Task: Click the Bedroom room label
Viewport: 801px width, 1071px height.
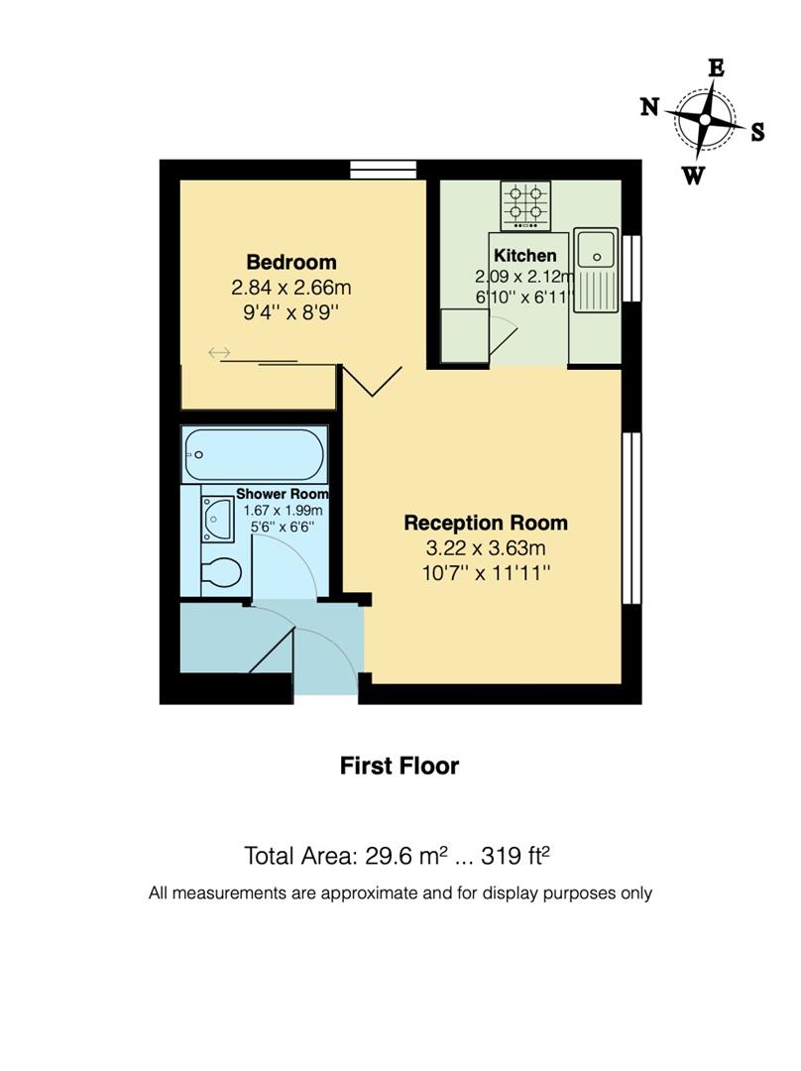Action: pyautogui.click(x=291, y=262)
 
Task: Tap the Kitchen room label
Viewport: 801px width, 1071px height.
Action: pyautogui.click(x=524, y=256)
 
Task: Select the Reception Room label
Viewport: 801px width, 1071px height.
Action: pyautogui.click(x=485, y=523)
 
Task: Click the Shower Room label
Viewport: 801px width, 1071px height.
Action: pyautogui.click(x=282, y=494)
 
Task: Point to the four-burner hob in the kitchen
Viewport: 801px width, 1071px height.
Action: pyautogui.click(x=525, y=204)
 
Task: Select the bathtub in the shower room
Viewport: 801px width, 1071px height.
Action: pyautogui.click(x=254, y=455)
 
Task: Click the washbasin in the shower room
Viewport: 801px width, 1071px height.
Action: pyautogui.click(x=217, y=518)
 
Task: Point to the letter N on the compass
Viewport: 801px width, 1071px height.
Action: pyautogui.click(x=649, y=108)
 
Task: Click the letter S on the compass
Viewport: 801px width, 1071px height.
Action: pyautogui.click(x=757, y=133)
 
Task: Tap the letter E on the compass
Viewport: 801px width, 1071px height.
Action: pyautogui.click(x=715, y=67)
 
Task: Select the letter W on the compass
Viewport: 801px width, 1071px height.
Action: pyautogui.click(x=694, y=176)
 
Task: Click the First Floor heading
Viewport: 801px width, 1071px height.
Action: pyautogui.click(x=400, y=766)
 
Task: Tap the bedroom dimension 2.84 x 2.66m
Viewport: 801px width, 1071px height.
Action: pyautogui.click(x=291, y=289)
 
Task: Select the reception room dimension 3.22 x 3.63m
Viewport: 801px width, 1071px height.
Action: pyautogui.click(x=485, y=547)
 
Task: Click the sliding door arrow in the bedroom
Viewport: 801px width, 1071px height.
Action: pyautogui.click(x=219, y=353)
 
